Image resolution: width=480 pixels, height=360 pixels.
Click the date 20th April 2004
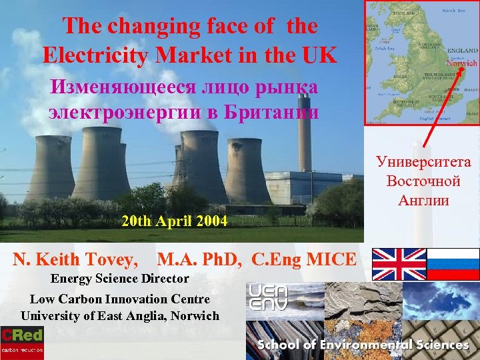point(174,221)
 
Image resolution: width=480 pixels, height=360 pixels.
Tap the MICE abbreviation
point(333,259)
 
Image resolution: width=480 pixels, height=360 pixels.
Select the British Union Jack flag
point(399,264)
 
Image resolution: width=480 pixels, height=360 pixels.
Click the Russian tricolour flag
point(453,264)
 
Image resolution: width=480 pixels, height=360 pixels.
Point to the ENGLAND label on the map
point(462,51)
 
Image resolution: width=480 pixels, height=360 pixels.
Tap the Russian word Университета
point(423,161)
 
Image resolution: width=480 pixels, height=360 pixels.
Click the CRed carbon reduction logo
point(22,342)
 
